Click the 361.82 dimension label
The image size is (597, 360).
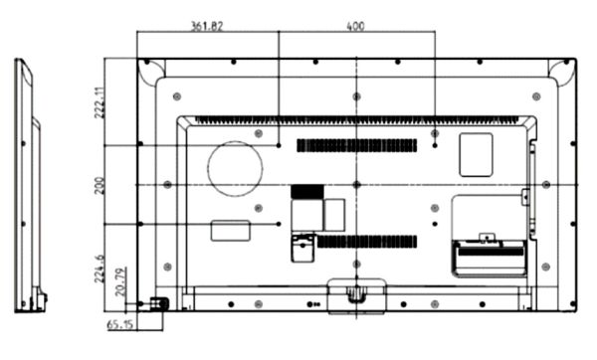pyautogui.click(x=207, y=26)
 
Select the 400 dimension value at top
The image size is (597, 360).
pyautogui.click(x=355, y=26)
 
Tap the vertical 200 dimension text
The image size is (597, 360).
pyautogui.click(x=99, y=184)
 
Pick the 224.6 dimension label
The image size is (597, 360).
pyautogui.click(x=99, y=267)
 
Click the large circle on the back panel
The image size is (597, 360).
pyautogui.click(x=235, y=167)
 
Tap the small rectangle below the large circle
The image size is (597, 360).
pyautogui.click(x=234, y=230)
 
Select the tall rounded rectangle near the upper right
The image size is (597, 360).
pyautogui.click(x=476, y=154)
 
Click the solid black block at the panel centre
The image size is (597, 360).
pyautogui.click(x=306, y=190)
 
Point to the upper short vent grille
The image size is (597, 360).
pyautogui.click(x=356, y=145)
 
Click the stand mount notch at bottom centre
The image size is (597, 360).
pyautogui.click(x=355, y=294)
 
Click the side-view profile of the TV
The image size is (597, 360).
pyautogui.click(x=28, y=184)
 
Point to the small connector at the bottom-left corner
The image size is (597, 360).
pyautogui.click(x=157, y=302)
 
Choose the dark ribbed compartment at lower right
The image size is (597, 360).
pyautogui.click(x=489, y=258)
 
